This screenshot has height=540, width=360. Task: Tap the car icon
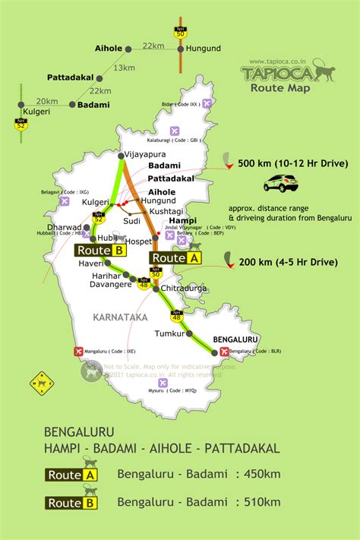coord(280,183)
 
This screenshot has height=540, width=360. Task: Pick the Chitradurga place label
coord(185,289)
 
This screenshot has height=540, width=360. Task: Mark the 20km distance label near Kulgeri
coord(46,100)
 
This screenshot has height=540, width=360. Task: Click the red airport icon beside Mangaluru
coord(77,352)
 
